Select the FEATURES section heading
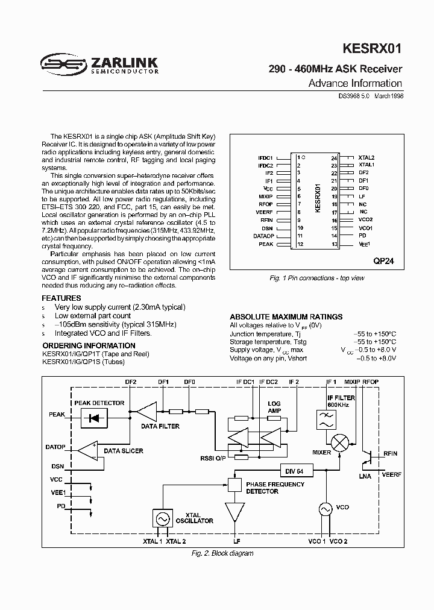[x=61, y=298]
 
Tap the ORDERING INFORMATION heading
[x=88, y=345]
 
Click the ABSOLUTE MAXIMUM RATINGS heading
[x=286, y=316]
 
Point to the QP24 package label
[x=383, y=262]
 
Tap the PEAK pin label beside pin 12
[x=266, y=244]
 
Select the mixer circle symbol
[x=341, y=442]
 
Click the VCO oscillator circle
[x=326, y=510]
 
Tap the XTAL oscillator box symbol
[x=162, y=518]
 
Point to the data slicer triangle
[x=88, y=450]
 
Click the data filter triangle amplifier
[x=146, y=412]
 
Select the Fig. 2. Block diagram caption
[x=222, y=553]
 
